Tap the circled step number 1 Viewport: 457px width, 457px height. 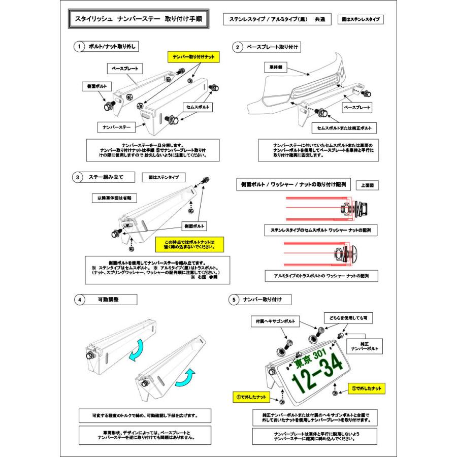(x=79, y=47)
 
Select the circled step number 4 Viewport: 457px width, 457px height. (x=79, y=300)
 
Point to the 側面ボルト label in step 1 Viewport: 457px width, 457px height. (x=92, y=87)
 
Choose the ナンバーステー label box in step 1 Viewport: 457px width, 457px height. (x=117, y=125)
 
